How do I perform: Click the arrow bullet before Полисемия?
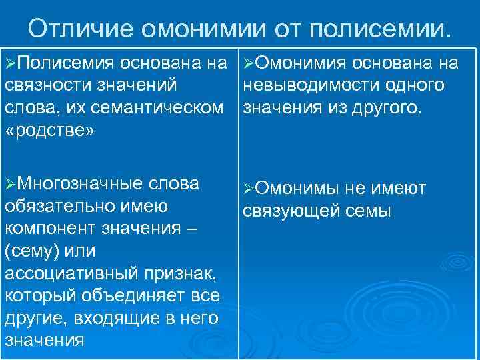coord(10,63)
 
